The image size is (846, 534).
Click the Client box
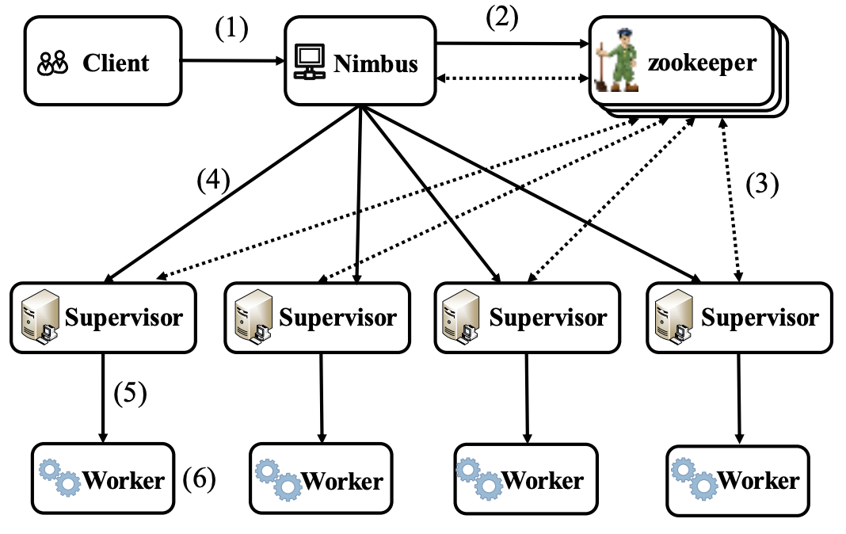(x=102, y=63)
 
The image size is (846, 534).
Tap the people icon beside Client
(x=53, y=63)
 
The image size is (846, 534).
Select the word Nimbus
(x=375, y=63)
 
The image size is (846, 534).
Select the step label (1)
(x=231, y=29)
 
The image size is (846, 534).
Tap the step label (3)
(x=762, y=184)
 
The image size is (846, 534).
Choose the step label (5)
(x=131, y=394)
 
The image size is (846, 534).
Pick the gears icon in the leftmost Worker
(x=60, y=478)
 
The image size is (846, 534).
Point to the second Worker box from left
(x=321, y=479)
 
